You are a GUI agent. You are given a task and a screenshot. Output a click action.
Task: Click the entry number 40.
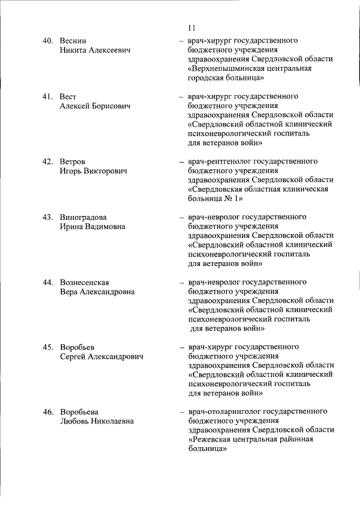pyautogui.click(x=48, y=41)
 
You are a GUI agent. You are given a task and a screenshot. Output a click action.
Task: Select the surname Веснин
pyautogui.click(x=74, y=41)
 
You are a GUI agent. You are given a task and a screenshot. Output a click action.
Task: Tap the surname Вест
pyautogui.click(x=68, y=97)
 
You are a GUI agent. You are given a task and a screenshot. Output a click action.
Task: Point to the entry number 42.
pyautogui.click(x=48, y=162)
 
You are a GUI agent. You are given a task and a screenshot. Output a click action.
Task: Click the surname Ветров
pyautogui.click(x=73, y=162)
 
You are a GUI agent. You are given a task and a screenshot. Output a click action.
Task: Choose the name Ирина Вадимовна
pyautogui.click(x=92, y=227)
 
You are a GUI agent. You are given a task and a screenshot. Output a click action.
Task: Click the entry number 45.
pyautogui.click(x=48, y=347)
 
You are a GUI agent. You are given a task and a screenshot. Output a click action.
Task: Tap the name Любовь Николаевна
pyautogui.click(x=96, y=421)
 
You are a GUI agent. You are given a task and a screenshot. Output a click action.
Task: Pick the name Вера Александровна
pyautogui.click(x=97, y=292)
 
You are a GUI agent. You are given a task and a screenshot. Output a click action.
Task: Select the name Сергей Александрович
pyautogui.click(x=101, y=357)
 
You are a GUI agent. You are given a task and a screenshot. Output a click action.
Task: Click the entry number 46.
pyautogui.click(x=48, y=412)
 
